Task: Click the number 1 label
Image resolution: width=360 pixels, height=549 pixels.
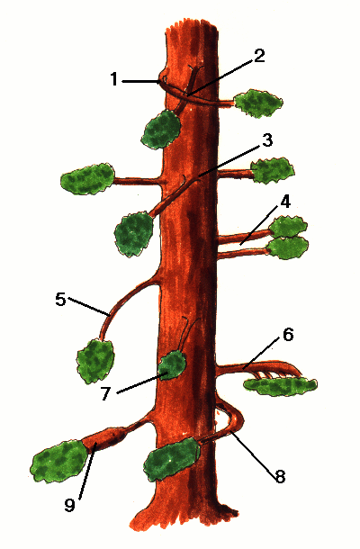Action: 113,79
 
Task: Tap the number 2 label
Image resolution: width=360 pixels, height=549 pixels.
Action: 259,56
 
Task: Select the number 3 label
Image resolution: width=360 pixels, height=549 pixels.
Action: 267,140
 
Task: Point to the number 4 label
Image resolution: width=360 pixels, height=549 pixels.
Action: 285,202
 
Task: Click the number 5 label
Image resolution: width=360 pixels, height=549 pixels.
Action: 60,300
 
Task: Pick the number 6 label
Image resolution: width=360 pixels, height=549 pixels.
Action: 288,335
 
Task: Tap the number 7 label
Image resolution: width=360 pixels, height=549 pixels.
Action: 106,394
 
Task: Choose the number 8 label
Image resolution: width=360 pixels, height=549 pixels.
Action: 280,476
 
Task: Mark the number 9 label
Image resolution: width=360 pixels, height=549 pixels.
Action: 69,505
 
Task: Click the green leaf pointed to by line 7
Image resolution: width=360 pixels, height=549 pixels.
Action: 172,364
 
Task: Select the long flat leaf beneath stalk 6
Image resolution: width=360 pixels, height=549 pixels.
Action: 280,386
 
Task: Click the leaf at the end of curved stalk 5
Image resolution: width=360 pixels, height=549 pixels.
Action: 95,361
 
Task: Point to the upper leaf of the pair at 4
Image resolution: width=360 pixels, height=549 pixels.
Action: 289,227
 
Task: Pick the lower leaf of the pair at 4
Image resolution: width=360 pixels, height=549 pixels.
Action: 289,247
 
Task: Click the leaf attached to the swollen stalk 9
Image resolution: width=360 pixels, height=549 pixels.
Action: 58,463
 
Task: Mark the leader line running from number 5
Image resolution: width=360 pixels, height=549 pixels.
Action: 89,307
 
